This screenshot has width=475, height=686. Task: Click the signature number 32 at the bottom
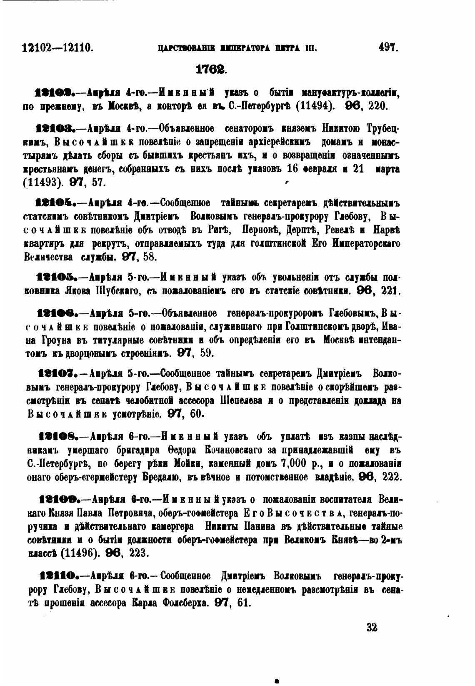pos(372,627)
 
